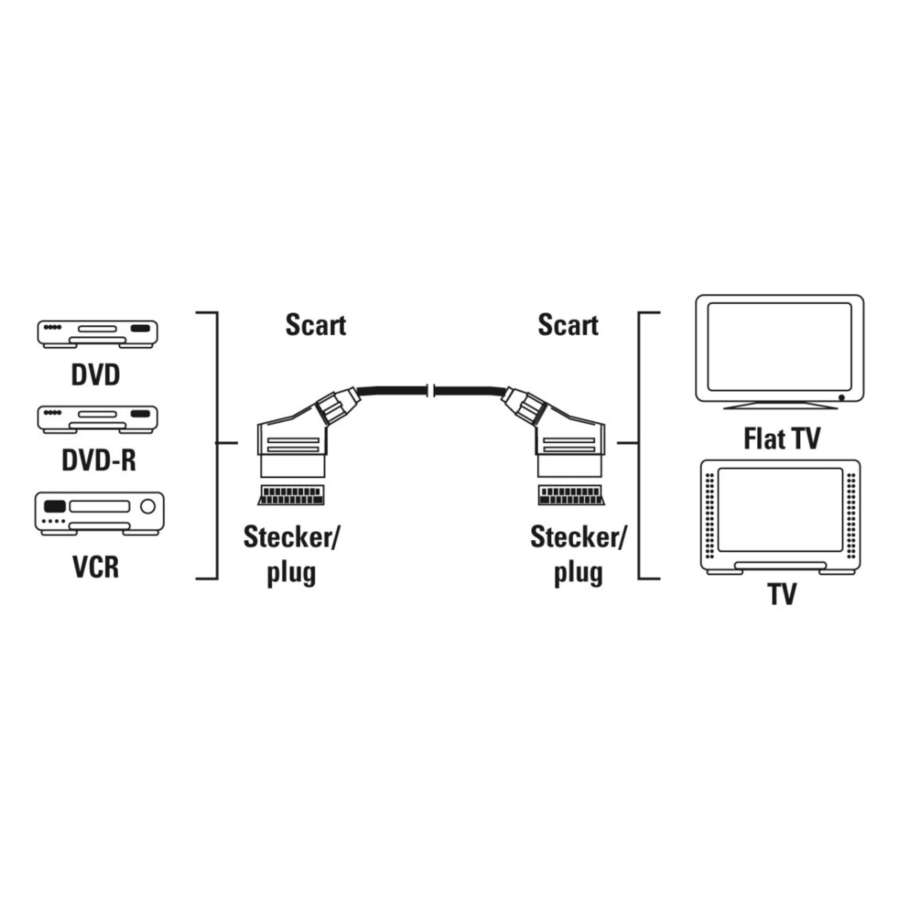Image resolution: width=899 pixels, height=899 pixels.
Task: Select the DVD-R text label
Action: pyautogui.click(x=98, y=460)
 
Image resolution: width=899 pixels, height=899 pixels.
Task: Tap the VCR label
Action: pyautogui.click(x=96, y=567)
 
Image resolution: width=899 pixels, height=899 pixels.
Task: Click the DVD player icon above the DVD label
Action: pyautogui.click(x=97, y=333)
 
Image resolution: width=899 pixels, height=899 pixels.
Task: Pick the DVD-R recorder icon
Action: pyautogui.click(x=97, y=419)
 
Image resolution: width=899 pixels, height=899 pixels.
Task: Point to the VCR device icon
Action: pyautogui.click(x=99, y=513)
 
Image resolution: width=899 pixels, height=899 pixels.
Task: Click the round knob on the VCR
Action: pyautogui.click(x=147, y=506)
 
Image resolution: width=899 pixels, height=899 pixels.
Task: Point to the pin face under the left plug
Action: pyautogui.click(x=291, y=495)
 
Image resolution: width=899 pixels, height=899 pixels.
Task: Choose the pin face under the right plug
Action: pyautogui.click(x=572, y=495)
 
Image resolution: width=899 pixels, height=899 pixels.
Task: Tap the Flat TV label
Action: pyautogui.click(x=782, y=438)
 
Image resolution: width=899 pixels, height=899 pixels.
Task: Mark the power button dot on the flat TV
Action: pyautogui.click(x=841, y=397)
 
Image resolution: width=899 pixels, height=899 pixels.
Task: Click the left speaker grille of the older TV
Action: pyautogui.click(x=710, y=516)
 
